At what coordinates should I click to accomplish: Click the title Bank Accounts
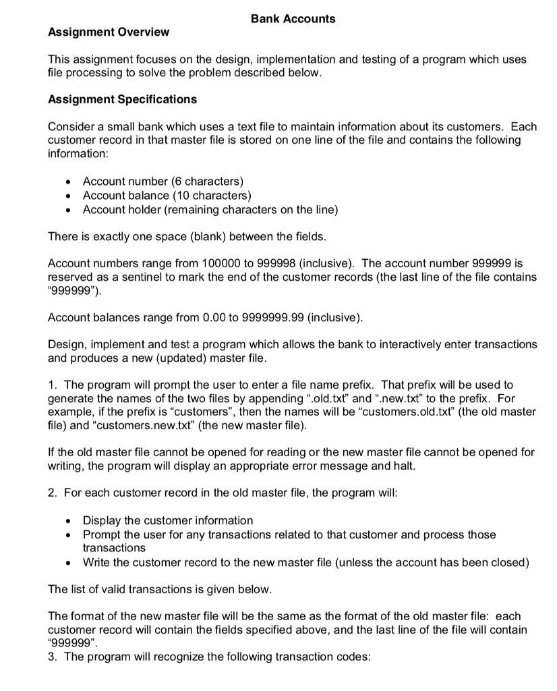pyautogui.click(x=293, y=19)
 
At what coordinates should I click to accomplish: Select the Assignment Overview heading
pyautogui.click(x=109, y=32)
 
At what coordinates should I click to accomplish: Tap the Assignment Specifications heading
pyautogui.click(x=123, y=99)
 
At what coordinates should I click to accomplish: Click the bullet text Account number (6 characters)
pyautogui.click(x=163, y=181)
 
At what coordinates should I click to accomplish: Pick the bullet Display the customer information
pyautogui.click(x=167, y=520)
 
